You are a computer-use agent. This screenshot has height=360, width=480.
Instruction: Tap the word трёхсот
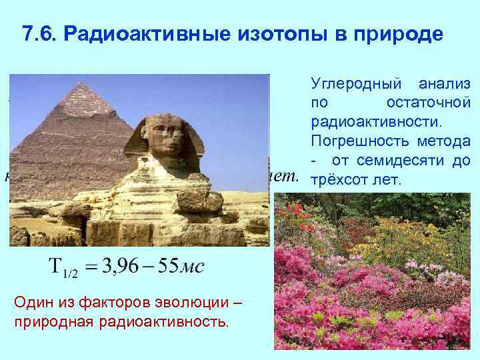pyautogui.click(x=337, y=180)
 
